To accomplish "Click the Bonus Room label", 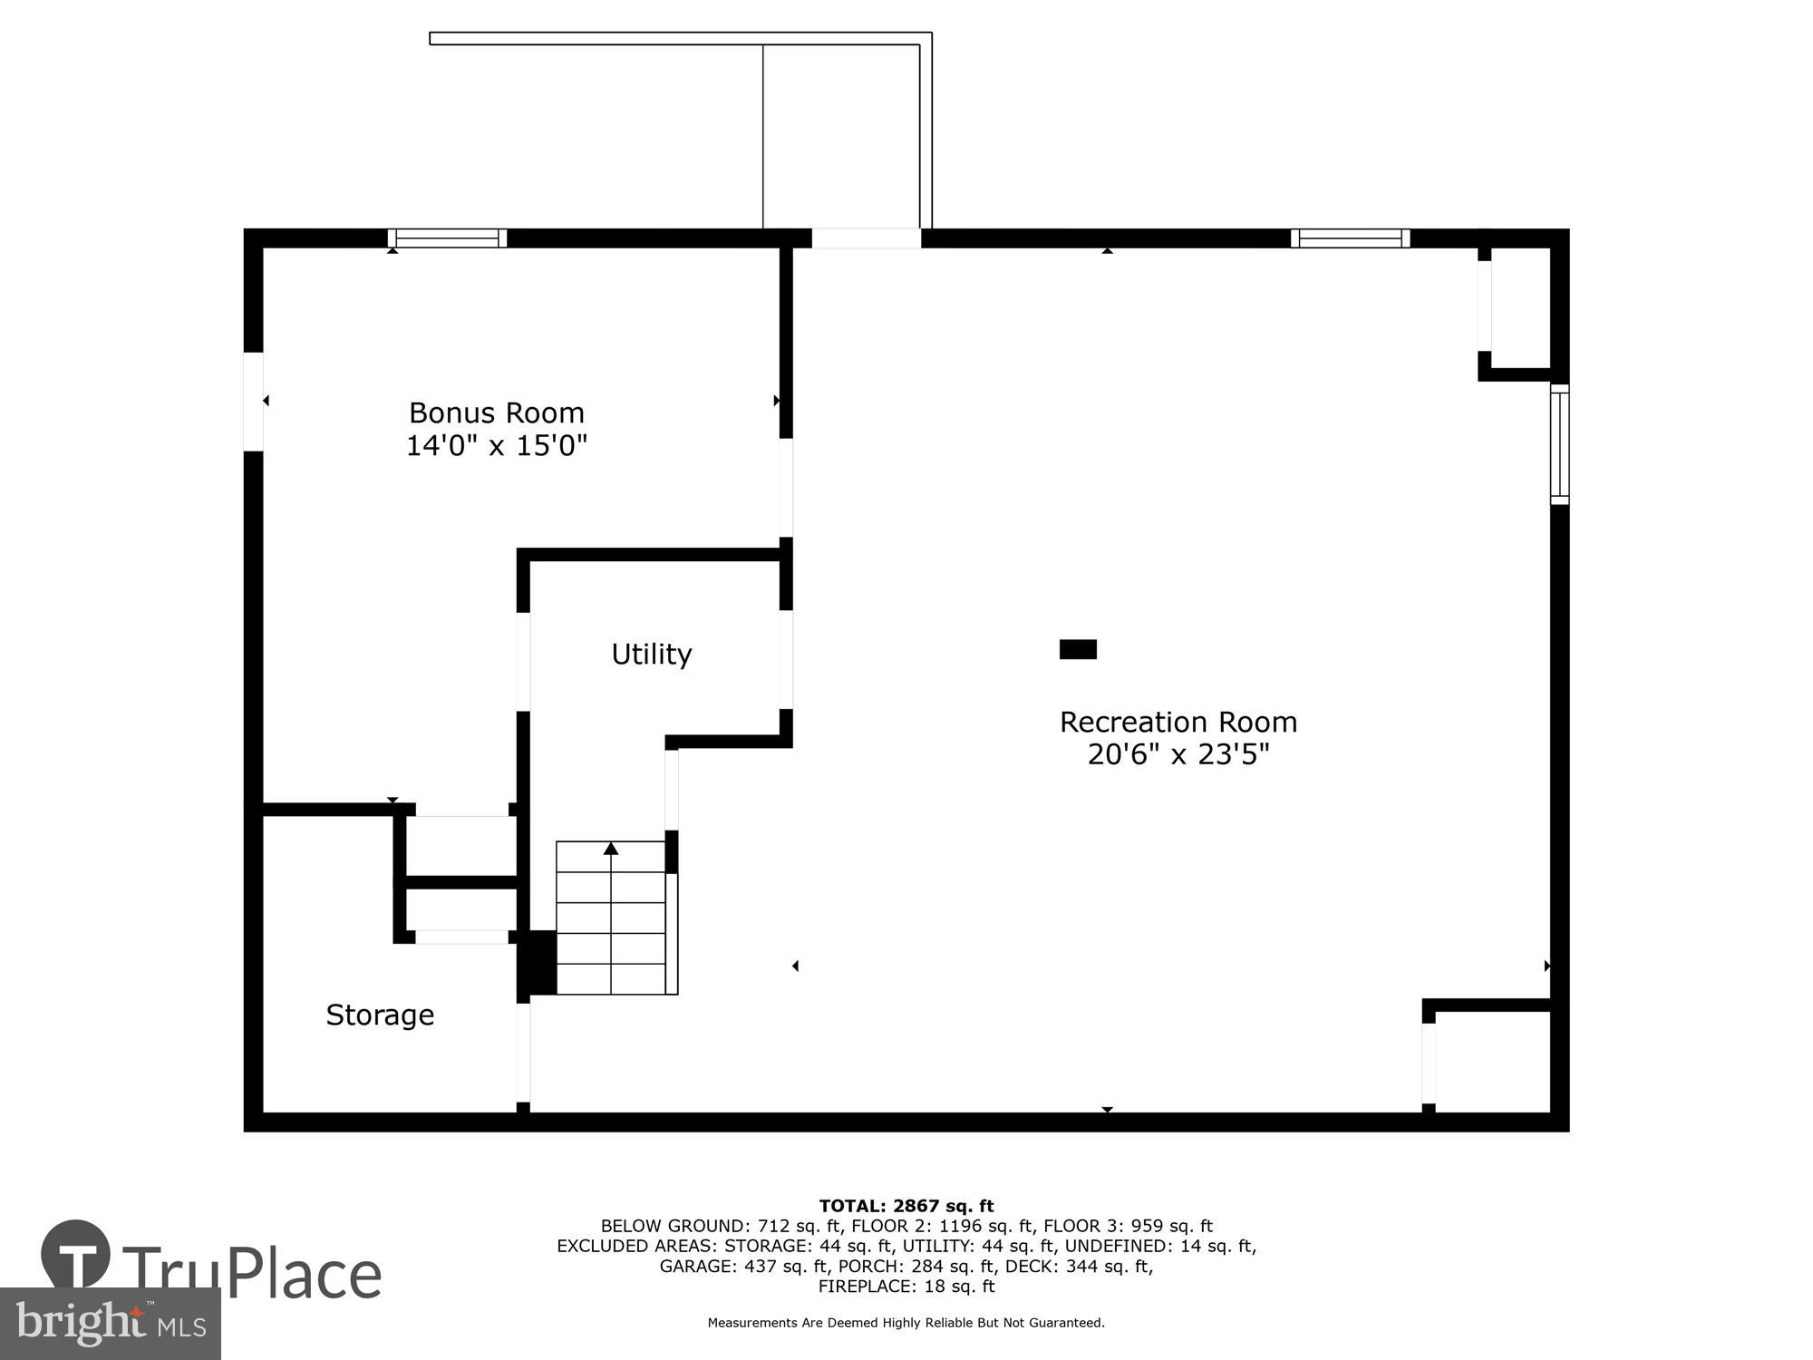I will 496,413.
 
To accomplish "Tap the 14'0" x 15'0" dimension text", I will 496,446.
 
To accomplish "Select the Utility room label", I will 651,654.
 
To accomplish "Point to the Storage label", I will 380,1015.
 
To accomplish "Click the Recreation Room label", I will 1178,723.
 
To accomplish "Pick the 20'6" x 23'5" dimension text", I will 1178,754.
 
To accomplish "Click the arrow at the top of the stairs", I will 611,849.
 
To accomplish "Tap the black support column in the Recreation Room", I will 1078,649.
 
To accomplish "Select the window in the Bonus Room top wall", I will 447,238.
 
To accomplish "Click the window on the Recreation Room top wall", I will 1350,238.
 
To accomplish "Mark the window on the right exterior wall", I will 1559,444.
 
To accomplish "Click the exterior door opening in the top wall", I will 866,238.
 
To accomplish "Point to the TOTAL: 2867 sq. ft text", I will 906,1206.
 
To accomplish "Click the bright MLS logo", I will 110,1325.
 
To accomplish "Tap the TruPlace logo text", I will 252,1274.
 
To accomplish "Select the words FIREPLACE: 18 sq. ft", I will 906,1286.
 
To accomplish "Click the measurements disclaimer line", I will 906,1323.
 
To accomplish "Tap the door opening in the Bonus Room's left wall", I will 254,401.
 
